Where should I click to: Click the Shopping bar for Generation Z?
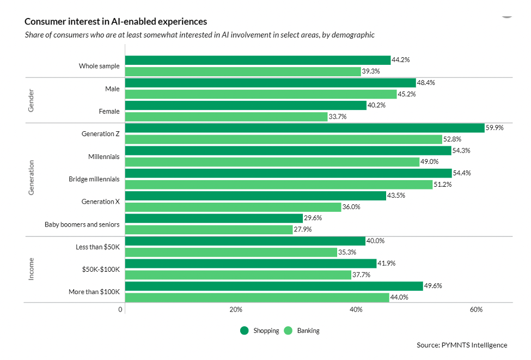[x=305, y=128]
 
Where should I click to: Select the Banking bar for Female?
[x=226, y=117]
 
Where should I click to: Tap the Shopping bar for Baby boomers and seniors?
[x=214, y=218]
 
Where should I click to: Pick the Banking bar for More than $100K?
[x=257, y=297]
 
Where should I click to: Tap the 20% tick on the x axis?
[x=235, y=310]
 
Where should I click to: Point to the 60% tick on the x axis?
[x=476, y=310]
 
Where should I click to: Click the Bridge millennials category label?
[x=94, y=179]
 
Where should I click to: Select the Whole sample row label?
[x=99, y=66]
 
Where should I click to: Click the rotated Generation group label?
[x=32, y=178]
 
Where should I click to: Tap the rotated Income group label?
[x=32, y=269]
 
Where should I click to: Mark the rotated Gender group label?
[x=32, y=100]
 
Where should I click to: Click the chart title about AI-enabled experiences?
[x=115, y=22]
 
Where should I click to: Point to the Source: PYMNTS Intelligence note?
[x=461, y=345]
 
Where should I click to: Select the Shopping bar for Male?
[x=271, y=83]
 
